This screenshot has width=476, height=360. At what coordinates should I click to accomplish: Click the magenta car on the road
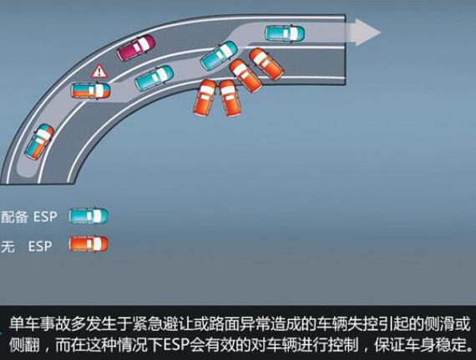(135, 48)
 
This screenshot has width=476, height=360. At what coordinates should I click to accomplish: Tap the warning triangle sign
(99, 72)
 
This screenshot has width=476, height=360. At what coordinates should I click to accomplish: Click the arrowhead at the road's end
(368, 33)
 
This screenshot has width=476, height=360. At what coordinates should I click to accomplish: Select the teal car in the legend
(89, 216)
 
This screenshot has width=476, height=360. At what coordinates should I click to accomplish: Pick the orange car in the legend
(89, 244)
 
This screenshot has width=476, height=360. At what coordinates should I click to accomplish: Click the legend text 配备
(14, 217)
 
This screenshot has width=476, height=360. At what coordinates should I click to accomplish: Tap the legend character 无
(8, 246)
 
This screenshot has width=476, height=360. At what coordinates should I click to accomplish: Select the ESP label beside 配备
(45, 216)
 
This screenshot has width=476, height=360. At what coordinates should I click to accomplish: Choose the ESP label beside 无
(40, 246)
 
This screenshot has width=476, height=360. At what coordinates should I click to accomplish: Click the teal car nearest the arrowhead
(285, 33)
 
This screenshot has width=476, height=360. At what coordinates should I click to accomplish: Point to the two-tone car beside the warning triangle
(91, 90)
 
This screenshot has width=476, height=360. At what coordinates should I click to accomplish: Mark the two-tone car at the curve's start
(39, 142)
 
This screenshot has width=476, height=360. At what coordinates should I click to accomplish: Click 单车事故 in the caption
(39, 323)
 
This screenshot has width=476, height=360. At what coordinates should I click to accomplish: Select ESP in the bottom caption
(176, 344)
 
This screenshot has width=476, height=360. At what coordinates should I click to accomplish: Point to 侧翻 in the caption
(24, 344)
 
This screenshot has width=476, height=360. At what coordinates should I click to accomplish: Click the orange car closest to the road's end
(266, 63)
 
